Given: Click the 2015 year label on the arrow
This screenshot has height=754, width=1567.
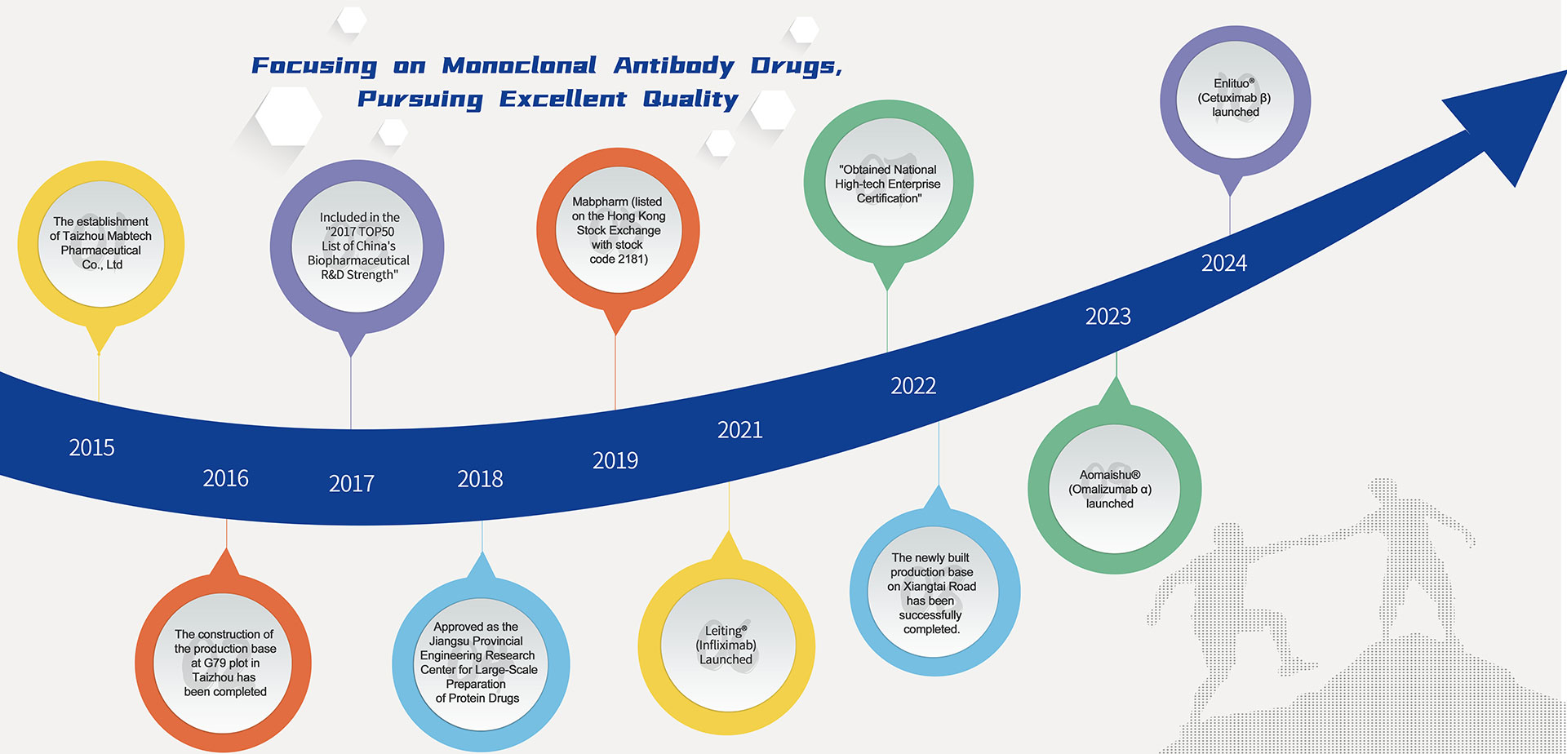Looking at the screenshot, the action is pyautogui.click(x=91, y=447).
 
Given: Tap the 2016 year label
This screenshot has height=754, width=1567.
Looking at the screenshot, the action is pyautogui.click(x=225, y=478).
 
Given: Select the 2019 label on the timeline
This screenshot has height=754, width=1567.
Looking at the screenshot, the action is pyautogui.click(x=615, y=461).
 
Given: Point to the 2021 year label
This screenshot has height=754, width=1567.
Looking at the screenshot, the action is pyautogui.click(x=740, y=430).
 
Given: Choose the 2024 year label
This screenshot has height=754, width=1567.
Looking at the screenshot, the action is pyautogui.click(x=1224, y=263).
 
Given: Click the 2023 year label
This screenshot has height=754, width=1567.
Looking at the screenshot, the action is pyautogui.click(x=1108, y=316).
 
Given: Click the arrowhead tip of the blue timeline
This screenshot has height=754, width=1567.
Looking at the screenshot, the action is pyautogui.click(x=1565, y=72).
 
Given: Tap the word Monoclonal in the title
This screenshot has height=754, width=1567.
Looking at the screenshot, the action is pyautogui.click(x=519, y=65).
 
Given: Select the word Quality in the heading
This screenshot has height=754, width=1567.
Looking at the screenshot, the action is pyautogui.click(x=690, y=100).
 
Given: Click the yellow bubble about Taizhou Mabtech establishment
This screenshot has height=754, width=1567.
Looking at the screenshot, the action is pyautogui.click(x=101, y=244).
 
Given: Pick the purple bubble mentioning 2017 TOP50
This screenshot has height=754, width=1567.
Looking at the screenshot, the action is pyautogui.click(x=357, y=246).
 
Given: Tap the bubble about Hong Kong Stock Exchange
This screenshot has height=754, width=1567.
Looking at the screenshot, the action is pyautogui.click(x=618, y=230).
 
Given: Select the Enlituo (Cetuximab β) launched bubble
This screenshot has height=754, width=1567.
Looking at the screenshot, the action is pyautogui.click(x=1235, y=99).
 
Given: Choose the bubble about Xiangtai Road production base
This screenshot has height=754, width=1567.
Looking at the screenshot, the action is pyautogui.click(x=934, y=592).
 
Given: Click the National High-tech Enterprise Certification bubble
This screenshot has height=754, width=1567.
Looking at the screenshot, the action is pyautogui.click(x=888, y=184).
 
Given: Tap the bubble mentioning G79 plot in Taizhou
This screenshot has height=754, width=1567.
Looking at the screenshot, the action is pyautogui.click(x=224, y=662).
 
